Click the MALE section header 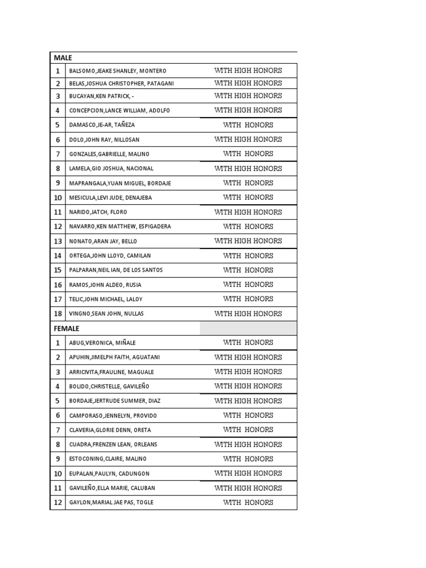coord(63,58)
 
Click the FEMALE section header coord(67,328)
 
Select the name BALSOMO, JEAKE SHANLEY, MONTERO coord(118,71)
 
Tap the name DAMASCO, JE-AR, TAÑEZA coord(102,125)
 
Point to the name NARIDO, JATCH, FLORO coord(98,212)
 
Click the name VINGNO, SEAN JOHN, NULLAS coord(106,314)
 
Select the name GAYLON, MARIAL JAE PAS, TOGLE coord(111,503)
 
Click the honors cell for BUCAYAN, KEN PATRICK coord(248,96)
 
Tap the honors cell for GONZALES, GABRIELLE coord(248,154)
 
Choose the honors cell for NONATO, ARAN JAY coord(248,241)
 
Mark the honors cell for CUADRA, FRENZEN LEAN coord(248,444)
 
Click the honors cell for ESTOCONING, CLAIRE coord(248,459)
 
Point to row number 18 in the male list coord(58,314)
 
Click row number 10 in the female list coord(58,474)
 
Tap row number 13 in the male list coord(58,241)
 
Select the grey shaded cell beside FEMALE coord(248,328)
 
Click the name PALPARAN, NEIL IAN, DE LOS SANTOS coord(116,270)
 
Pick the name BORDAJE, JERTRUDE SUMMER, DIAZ coord(114,401)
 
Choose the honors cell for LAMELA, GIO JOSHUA coord(248,168)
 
